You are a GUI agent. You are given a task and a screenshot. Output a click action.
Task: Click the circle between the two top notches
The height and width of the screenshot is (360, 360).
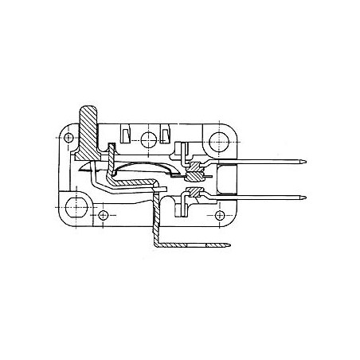[148, 143]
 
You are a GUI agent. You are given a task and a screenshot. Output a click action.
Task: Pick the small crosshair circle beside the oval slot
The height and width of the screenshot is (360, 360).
[104, 216]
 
